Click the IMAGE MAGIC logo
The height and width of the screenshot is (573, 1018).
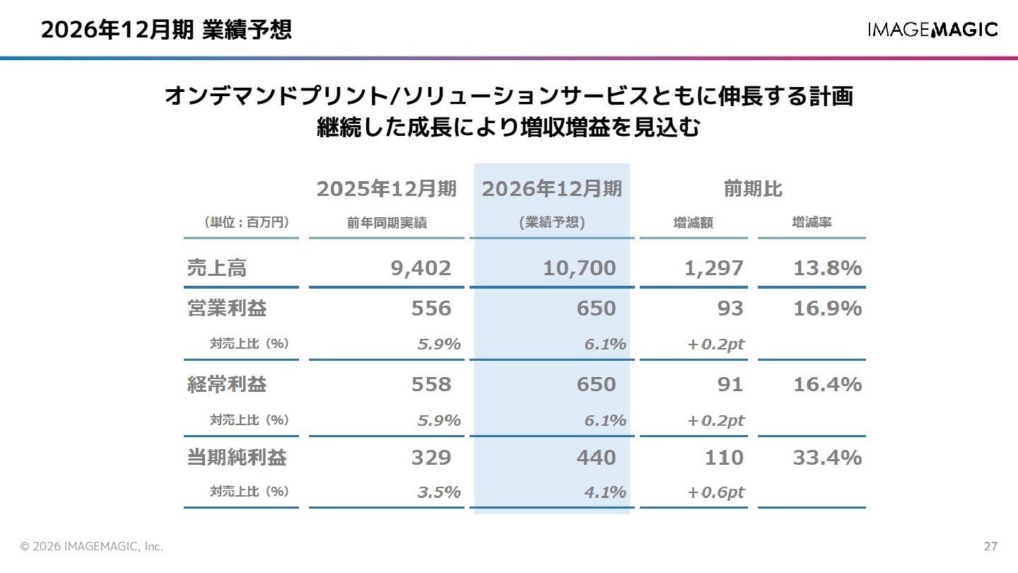point(932,30)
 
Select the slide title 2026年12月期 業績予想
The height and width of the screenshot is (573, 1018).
point(166,30)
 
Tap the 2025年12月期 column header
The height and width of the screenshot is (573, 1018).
point(386,190)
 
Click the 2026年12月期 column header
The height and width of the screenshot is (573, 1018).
point(551,190)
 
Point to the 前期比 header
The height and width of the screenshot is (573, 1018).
point(752,190)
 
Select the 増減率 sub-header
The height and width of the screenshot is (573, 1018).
point(812,222)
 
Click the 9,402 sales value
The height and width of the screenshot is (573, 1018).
point(421,268)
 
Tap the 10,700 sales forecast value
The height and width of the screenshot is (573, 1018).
point(579,268)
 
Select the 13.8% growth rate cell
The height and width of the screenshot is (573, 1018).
point(826,268)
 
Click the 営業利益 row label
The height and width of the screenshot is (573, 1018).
point(227,308)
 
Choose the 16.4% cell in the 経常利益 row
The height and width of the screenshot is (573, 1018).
point(826,384)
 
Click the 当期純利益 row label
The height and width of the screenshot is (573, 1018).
point(237,458)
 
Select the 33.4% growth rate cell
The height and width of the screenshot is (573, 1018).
point(826,458)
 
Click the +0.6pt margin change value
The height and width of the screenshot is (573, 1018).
point(715,492)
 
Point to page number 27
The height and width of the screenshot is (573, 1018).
point(990,547)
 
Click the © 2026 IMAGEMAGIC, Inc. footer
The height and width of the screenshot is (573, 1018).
point(92,547)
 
